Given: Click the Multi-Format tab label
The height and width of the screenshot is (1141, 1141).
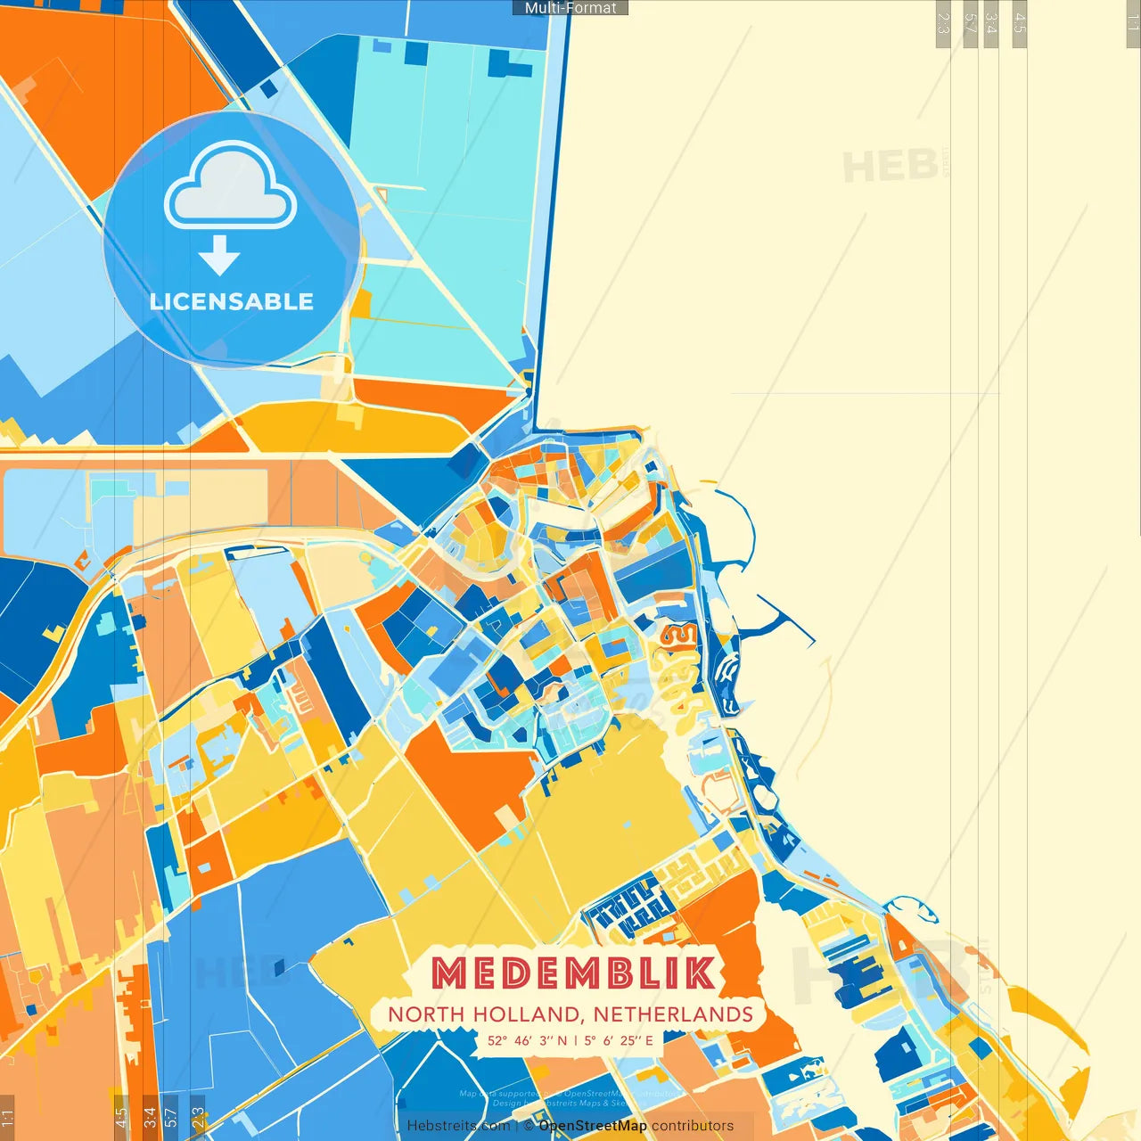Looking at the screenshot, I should [x=570, y=8].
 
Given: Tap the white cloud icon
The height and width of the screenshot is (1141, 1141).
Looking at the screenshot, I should [x=231, y=189].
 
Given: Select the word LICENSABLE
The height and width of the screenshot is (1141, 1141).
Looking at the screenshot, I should [x=232, y=301].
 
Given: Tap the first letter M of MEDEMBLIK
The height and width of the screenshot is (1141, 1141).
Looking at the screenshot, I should [x=449, y=973].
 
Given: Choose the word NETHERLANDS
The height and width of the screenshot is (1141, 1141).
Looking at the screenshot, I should [x=673, y=1014].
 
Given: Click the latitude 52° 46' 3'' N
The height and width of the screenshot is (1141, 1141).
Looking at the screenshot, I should [x=527, y=1040].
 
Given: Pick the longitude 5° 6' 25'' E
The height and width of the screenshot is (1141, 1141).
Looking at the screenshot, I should [x=619, y=1040].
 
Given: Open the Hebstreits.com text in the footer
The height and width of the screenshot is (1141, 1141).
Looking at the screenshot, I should [x=458, y=1126].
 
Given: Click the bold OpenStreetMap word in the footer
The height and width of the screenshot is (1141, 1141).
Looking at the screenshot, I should [x=593, y=1126].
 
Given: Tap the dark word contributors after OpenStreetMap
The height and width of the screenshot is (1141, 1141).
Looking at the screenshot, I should [x=693, y=1126].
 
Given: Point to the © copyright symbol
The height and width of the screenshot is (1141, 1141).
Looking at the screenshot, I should [x=528, y=1126].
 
